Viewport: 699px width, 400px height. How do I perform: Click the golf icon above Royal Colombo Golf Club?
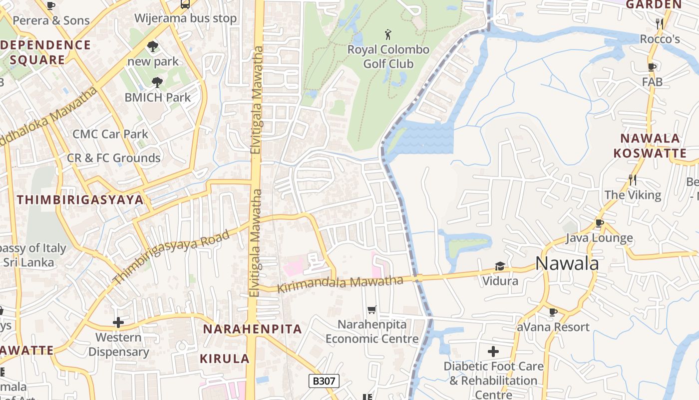click(388, 35)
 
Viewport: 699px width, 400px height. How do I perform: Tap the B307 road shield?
click(324, 381)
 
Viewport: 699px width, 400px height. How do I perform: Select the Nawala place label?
click(567, 263)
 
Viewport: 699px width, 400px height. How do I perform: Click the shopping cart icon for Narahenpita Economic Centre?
click(371, 310)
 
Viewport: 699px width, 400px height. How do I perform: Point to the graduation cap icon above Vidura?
click(500, 266)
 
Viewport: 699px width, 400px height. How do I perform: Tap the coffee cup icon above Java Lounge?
click(599, 223)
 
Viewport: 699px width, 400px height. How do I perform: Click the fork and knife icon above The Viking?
click(632, 179)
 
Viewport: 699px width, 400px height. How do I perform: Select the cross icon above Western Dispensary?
click(118, 322)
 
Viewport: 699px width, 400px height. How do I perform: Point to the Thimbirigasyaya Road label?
click(172, 257)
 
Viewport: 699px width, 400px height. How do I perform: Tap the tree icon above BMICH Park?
click(157, 82)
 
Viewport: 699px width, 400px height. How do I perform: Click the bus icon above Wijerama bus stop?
click(185, 4)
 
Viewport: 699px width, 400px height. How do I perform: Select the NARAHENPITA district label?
click(252, 329)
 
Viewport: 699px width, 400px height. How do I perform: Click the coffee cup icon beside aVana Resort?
click(553, 312)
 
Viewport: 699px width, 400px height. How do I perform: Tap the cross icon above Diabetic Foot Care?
click(493, 351)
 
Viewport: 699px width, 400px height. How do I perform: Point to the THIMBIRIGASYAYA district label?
click(80, 200)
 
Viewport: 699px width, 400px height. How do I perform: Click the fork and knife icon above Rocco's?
click(659, 23)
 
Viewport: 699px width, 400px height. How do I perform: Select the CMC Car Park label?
click(110, 134)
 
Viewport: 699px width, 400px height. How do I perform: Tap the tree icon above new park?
click(153, 46)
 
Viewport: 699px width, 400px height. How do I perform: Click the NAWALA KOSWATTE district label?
click(650, 145)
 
